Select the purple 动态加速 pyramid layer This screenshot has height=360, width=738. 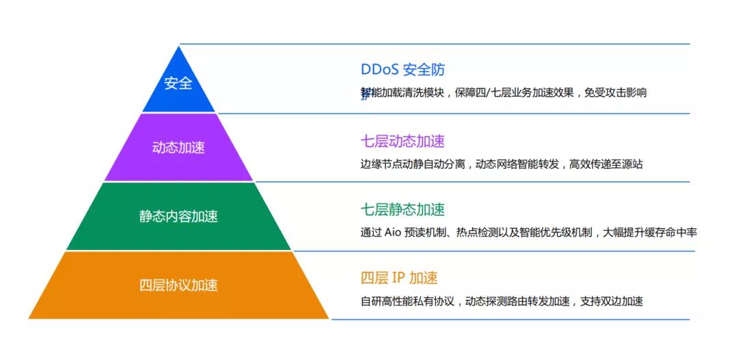click(x=179, y=148)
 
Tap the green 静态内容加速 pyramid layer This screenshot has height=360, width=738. click(x=179, y=217)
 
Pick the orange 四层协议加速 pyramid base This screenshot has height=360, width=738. click(x=179, y=285)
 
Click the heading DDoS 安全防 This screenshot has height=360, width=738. click(x=402, y=70)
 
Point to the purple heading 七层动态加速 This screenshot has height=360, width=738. click(x=402, y=141)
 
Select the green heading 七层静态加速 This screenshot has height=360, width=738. click(x=402, y=209)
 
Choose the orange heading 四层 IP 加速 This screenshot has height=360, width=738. click(x=399, y=277)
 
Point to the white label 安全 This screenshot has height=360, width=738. click(x=178, y=83)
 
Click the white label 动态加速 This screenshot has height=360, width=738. click(x=178, y=148)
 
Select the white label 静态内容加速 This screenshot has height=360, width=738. click(x=178, y=217)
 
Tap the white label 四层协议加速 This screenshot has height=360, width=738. click(x=178, y=285)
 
